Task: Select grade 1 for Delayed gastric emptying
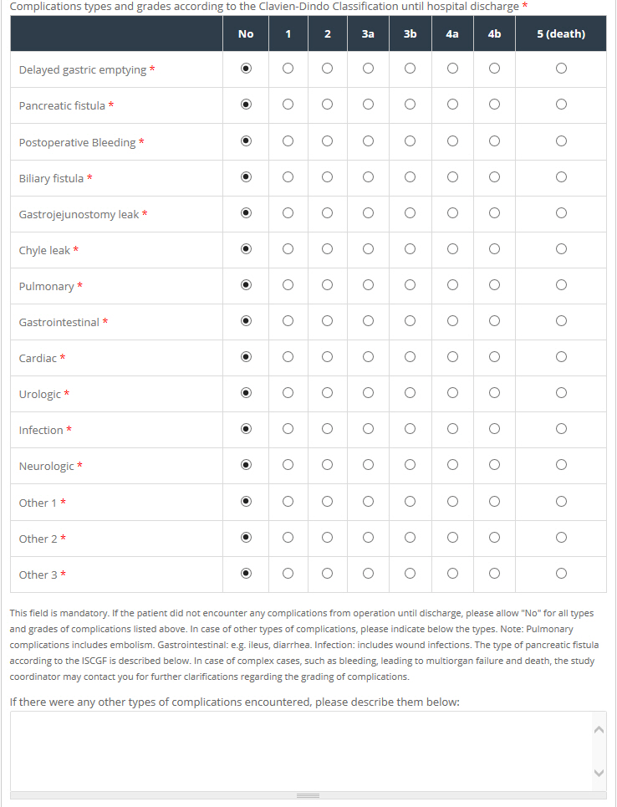pyautogui.click(x=288, y=69)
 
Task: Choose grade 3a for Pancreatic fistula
pyautogui.click(x=368, y=105)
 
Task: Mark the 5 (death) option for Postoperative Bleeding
pyautogui.click(x=561, y=140)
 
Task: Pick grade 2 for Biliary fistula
pyautogui.click(x=327, y=176)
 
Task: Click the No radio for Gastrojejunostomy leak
pyautogui.click(x=246, y=212)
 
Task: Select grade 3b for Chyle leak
pyautogui.click(x=410, y=248)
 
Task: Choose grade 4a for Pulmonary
pyautogui.click(x=452, y=284)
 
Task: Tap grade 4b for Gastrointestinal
pyautogui.click(x=494, y=320)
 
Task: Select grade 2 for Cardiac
pyautogui.click(x=327, y=356)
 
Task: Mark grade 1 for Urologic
pyautogui.click(x=288, y=392)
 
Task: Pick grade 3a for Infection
pyautogui.click(x=368, y=428)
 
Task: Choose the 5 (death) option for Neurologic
pyautogui.click(x=561, y=464)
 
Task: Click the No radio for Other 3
pyautogui.click(x=246, y=574)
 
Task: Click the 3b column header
pyautogui.click(x=410, y=34)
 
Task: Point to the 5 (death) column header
pyautogui.click(x=561, y=34)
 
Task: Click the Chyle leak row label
pyautogui.click(x=44, y=251)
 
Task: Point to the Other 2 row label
pyautogui.click(x=38, y=539)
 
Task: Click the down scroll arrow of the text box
pyautogui.click(x=598, y=773)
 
